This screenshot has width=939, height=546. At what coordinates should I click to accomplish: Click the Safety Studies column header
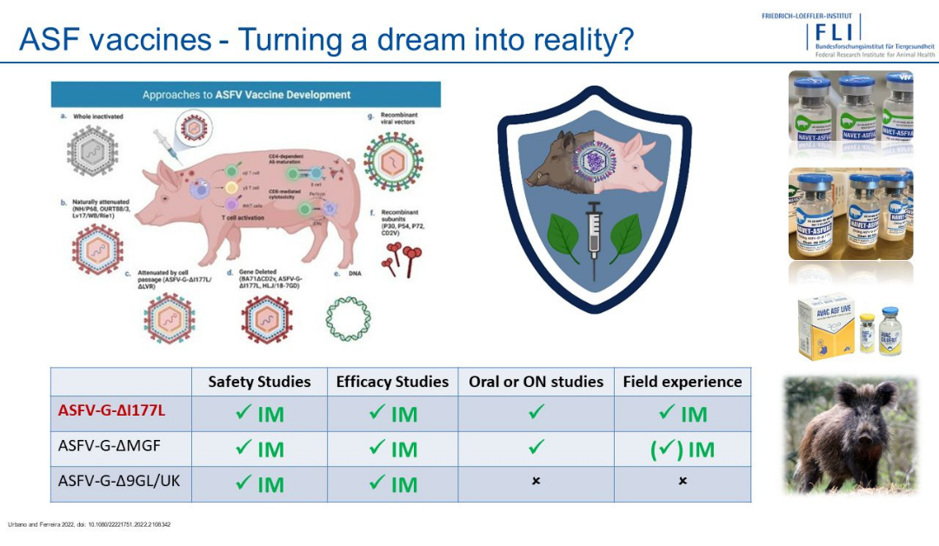coord(259,382)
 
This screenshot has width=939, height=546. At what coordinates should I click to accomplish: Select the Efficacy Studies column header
coord(392,382)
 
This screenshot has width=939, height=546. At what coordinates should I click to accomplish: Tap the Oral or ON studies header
coord(536,382)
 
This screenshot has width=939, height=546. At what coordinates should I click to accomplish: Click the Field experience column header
coord(683,382)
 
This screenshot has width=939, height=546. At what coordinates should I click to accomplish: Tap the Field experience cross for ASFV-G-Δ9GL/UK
coord(683,481)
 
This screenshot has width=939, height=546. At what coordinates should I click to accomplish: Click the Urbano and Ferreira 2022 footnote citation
coord(90,524)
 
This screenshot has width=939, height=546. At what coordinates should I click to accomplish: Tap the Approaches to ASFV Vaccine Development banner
coord(246,94)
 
